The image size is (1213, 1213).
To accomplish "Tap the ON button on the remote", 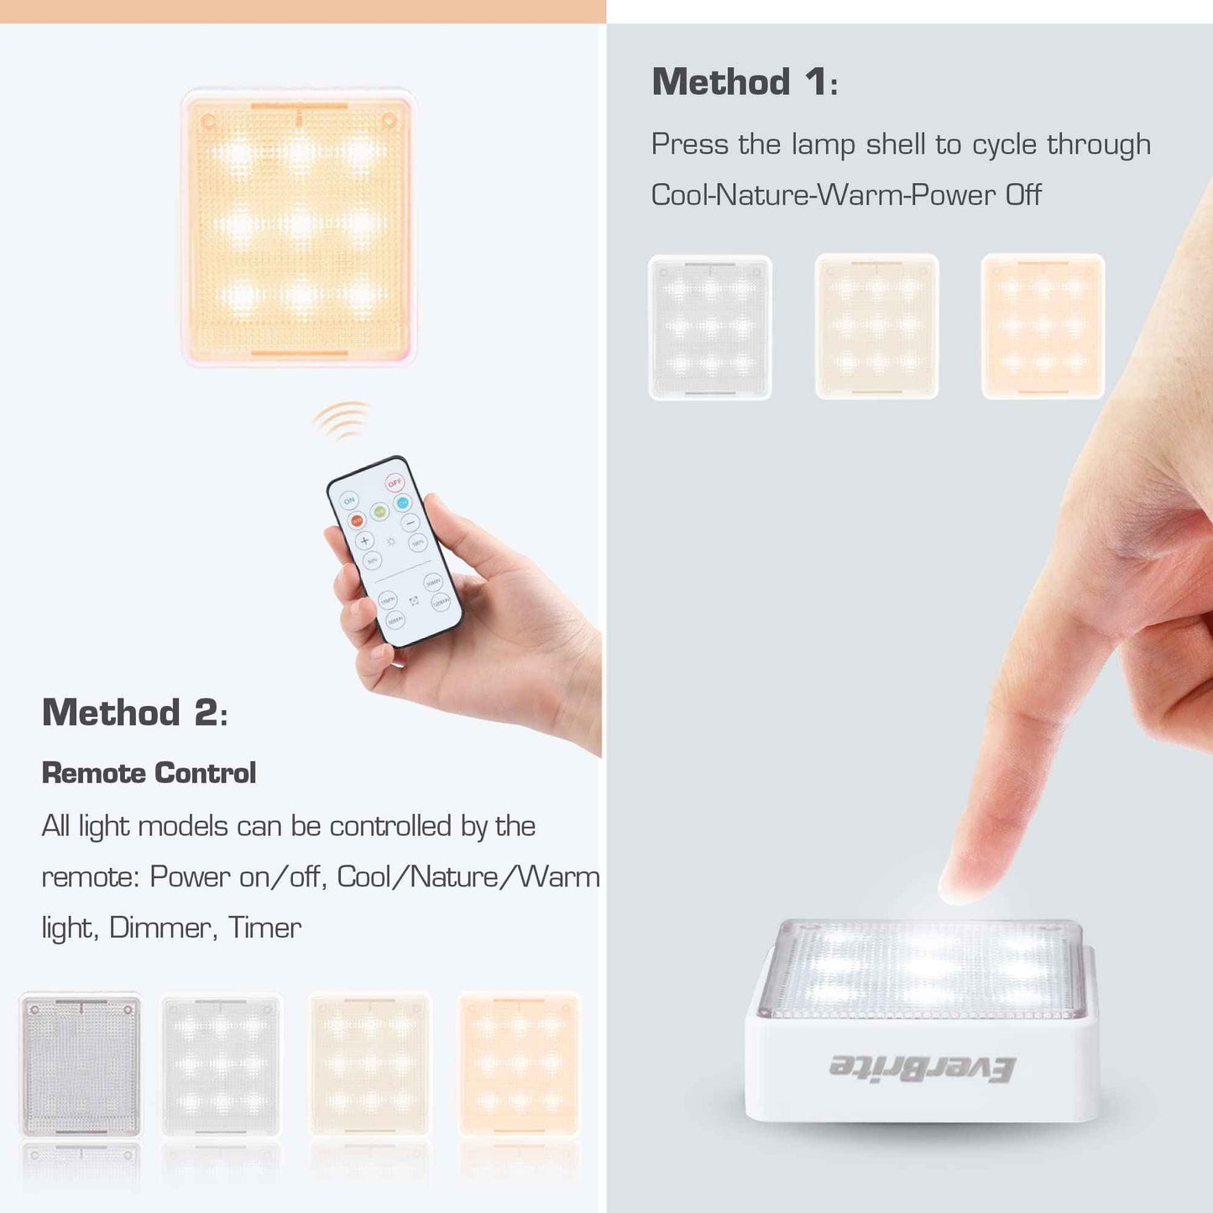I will click(x=349, y=500).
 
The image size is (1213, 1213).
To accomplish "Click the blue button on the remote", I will click(x=403, y=502).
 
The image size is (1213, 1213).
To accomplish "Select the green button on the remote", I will click(x=379, y=511).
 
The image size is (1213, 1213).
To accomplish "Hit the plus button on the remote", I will click(x=365, y=540).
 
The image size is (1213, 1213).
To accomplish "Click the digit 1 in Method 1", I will click(x=816, y=82).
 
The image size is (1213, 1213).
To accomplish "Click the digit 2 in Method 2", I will click(x=207, y=713).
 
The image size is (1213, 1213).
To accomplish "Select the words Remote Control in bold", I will click(x=149, y=773).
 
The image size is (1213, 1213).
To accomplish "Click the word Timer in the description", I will click(x=264, y=928).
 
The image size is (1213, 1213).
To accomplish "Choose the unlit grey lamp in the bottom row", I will click(x=81, y=1064).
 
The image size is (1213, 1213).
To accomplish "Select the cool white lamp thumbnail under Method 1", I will click(x=710, y=327).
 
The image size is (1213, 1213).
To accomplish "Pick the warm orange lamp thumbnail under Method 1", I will click(x=1043, y=327).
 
